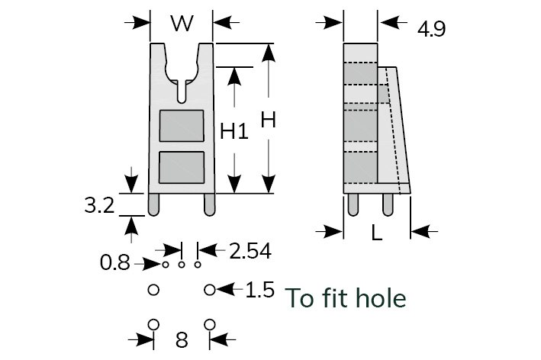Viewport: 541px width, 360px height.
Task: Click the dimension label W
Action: tap(181, 24)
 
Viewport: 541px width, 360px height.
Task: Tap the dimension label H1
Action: tap(234, 131)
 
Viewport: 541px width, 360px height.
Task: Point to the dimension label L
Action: tap(376, 234)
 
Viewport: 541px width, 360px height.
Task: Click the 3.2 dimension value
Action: tap(99, 205)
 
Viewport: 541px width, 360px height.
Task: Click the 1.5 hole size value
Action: tap(259, 291)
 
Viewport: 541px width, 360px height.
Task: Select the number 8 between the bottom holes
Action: tap(182, 340)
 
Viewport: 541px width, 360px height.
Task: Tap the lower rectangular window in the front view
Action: tap(181, 168)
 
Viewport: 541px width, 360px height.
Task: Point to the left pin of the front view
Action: tap(154, 203)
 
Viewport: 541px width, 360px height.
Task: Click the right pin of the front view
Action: tap(208, 203)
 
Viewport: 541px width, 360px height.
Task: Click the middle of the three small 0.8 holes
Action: tap(182, 265)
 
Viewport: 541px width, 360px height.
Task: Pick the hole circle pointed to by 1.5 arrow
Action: tap(210, 290)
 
